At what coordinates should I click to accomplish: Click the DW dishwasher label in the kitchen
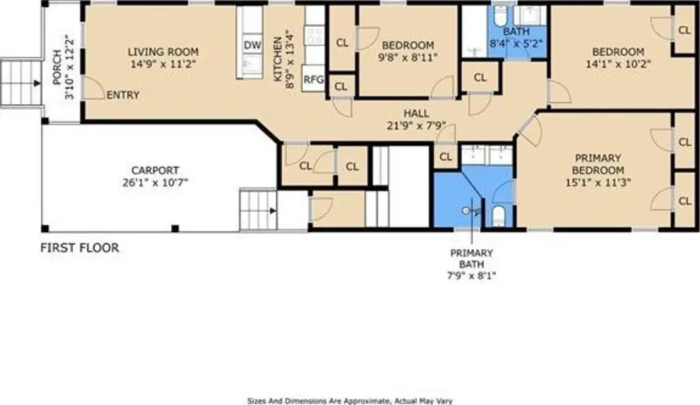tap(252, 45)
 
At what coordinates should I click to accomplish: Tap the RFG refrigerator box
tap(313, 79)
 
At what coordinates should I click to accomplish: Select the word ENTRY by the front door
tap(123, 95)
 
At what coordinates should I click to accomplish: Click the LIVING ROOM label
tap(163, 52)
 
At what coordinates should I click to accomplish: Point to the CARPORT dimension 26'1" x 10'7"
tap(155, 183)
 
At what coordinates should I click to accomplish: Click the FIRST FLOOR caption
tap(80, 248)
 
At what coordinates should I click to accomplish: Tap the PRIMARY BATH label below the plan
tap(472, 259)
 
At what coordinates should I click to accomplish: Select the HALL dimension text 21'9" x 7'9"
tap(416, 126)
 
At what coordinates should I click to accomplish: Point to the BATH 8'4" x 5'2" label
tap(516, 38)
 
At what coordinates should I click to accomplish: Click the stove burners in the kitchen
tap(314, 36)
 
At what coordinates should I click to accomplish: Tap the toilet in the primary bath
tap(498, 216)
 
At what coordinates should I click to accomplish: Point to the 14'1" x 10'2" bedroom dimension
tap(618, 64)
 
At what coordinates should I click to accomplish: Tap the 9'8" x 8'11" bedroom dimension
tap(408, 57)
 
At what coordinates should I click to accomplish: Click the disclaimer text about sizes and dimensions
tap(350, 401)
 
